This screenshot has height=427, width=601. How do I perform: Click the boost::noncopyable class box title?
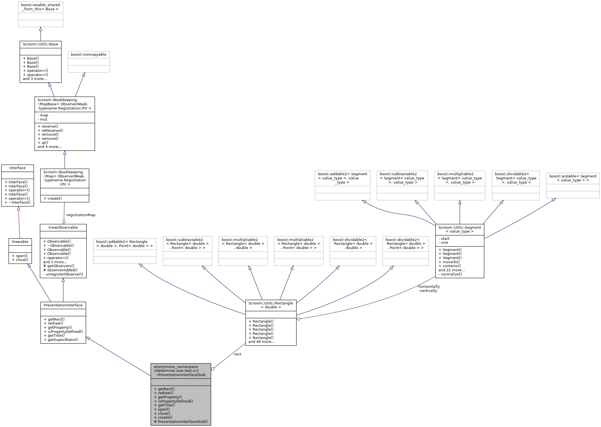point(88,55)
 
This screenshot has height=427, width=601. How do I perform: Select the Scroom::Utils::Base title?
point(40,44)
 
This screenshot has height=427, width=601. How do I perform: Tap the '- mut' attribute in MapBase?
point(43,119)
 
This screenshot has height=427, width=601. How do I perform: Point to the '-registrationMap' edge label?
point(80,215)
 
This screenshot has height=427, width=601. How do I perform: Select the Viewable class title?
point(20,242)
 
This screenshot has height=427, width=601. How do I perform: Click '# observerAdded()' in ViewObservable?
point(60,270)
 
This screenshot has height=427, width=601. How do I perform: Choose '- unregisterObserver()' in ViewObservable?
point(63,274)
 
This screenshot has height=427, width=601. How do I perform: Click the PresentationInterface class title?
point(63,305)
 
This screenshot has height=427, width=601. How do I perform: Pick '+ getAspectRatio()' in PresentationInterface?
point(61,340)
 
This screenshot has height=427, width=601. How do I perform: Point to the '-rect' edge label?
point(237,354)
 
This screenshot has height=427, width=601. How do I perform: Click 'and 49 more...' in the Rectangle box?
point(261,342)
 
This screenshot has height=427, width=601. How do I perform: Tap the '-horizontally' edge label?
point(428,287)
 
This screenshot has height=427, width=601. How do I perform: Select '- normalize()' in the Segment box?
point(450,274)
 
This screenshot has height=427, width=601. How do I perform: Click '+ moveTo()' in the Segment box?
point(449,262)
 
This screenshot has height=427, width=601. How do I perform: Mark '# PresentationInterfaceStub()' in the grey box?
point(181,421)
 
